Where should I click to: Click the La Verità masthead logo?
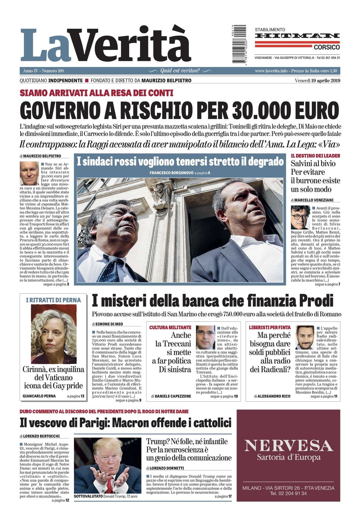click(106, 45)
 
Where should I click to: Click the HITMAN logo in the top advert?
click(297, 36)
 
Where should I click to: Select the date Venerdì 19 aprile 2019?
click(317, 81)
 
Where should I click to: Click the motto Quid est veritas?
click(180, 71)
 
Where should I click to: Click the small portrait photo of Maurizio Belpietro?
click(29, 173)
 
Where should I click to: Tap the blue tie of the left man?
click(110, 270)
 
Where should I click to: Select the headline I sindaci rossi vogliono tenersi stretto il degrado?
click(180, 161)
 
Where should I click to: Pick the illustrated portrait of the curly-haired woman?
click(54, 334)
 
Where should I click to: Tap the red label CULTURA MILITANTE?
click(170, 327)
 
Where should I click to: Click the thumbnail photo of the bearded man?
click(305, 337)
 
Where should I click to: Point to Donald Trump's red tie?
click(109, 485)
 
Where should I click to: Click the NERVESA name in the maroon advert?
click(288, 446)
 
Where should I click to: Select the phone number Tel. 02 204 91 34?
click(288, 493)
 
